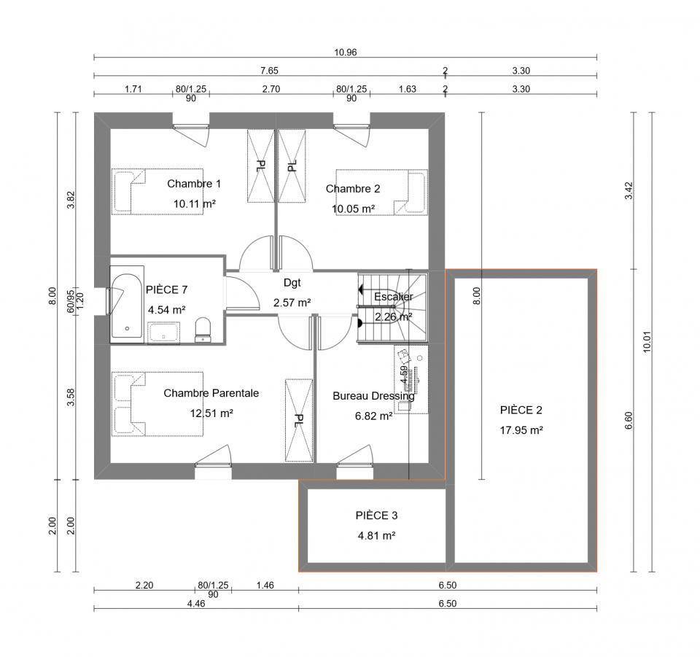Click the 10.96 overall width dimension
coord(346,53)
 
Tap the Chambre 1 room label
coord(194,184)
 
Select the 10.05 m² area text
coord(353,209)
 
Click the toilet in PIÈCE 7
coord(203,330)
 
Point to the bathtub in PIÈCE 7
coord(127,305)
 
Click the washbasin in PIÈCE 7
coord(163,333)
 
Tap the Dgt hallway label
coord(292,282)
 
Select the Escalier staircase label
coord(393,296)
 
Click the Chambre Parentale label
coord(211,393)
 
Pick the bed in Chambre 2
coord(381,192)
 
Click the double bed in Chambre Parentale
coord(157,403)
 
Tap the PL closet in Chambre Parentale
coord(299,420)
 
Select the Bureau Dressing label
coord(373,396)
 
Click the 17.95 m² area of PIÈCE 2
coord(521,430)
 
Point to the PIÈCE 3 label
coord(376,516)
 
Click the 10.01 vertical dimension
coord(647,342)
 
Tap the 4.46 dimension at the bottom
coord(196,604)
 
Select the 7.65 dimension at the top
coord(269,71)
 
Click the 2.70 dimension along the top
coord(271,89)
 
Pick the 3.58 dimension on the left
coord(71,397)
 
